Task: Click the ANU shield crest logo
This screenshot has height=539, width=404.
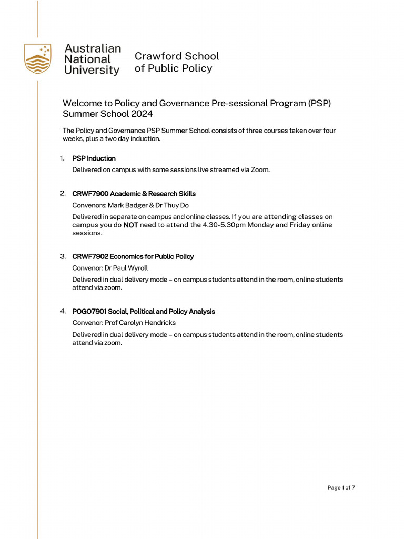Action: click(37, 58)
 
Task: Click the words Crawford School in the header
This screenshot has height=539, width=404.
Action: click(177, 56)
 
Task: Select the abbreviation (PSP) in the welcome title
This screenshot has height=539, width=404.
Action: click(319, 103)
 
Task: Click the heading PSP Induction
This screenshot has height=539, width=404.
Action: click(94, 158)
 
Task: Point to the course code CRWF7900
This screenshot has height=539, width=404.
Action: click(90, 194)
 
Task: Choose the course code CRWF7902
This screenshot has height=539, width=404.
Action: click(90, 256)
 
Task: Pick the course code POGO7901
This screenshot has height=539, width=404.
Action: click(89, 312)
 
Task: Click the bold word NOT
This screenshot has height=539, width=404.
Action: click(130, 225)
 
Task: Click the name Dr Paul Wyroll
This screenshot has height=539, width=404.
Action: click(126, 268)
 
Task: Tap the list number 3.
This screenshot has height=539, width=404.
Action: click(63, 256)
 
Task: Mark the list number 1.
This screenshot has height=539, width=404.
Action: click(62, 158)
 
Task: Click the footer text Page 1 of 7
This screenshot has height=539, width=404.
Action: click(341, 487)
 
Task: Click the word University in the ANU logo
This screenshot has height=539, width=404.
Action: click(92, 71)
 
